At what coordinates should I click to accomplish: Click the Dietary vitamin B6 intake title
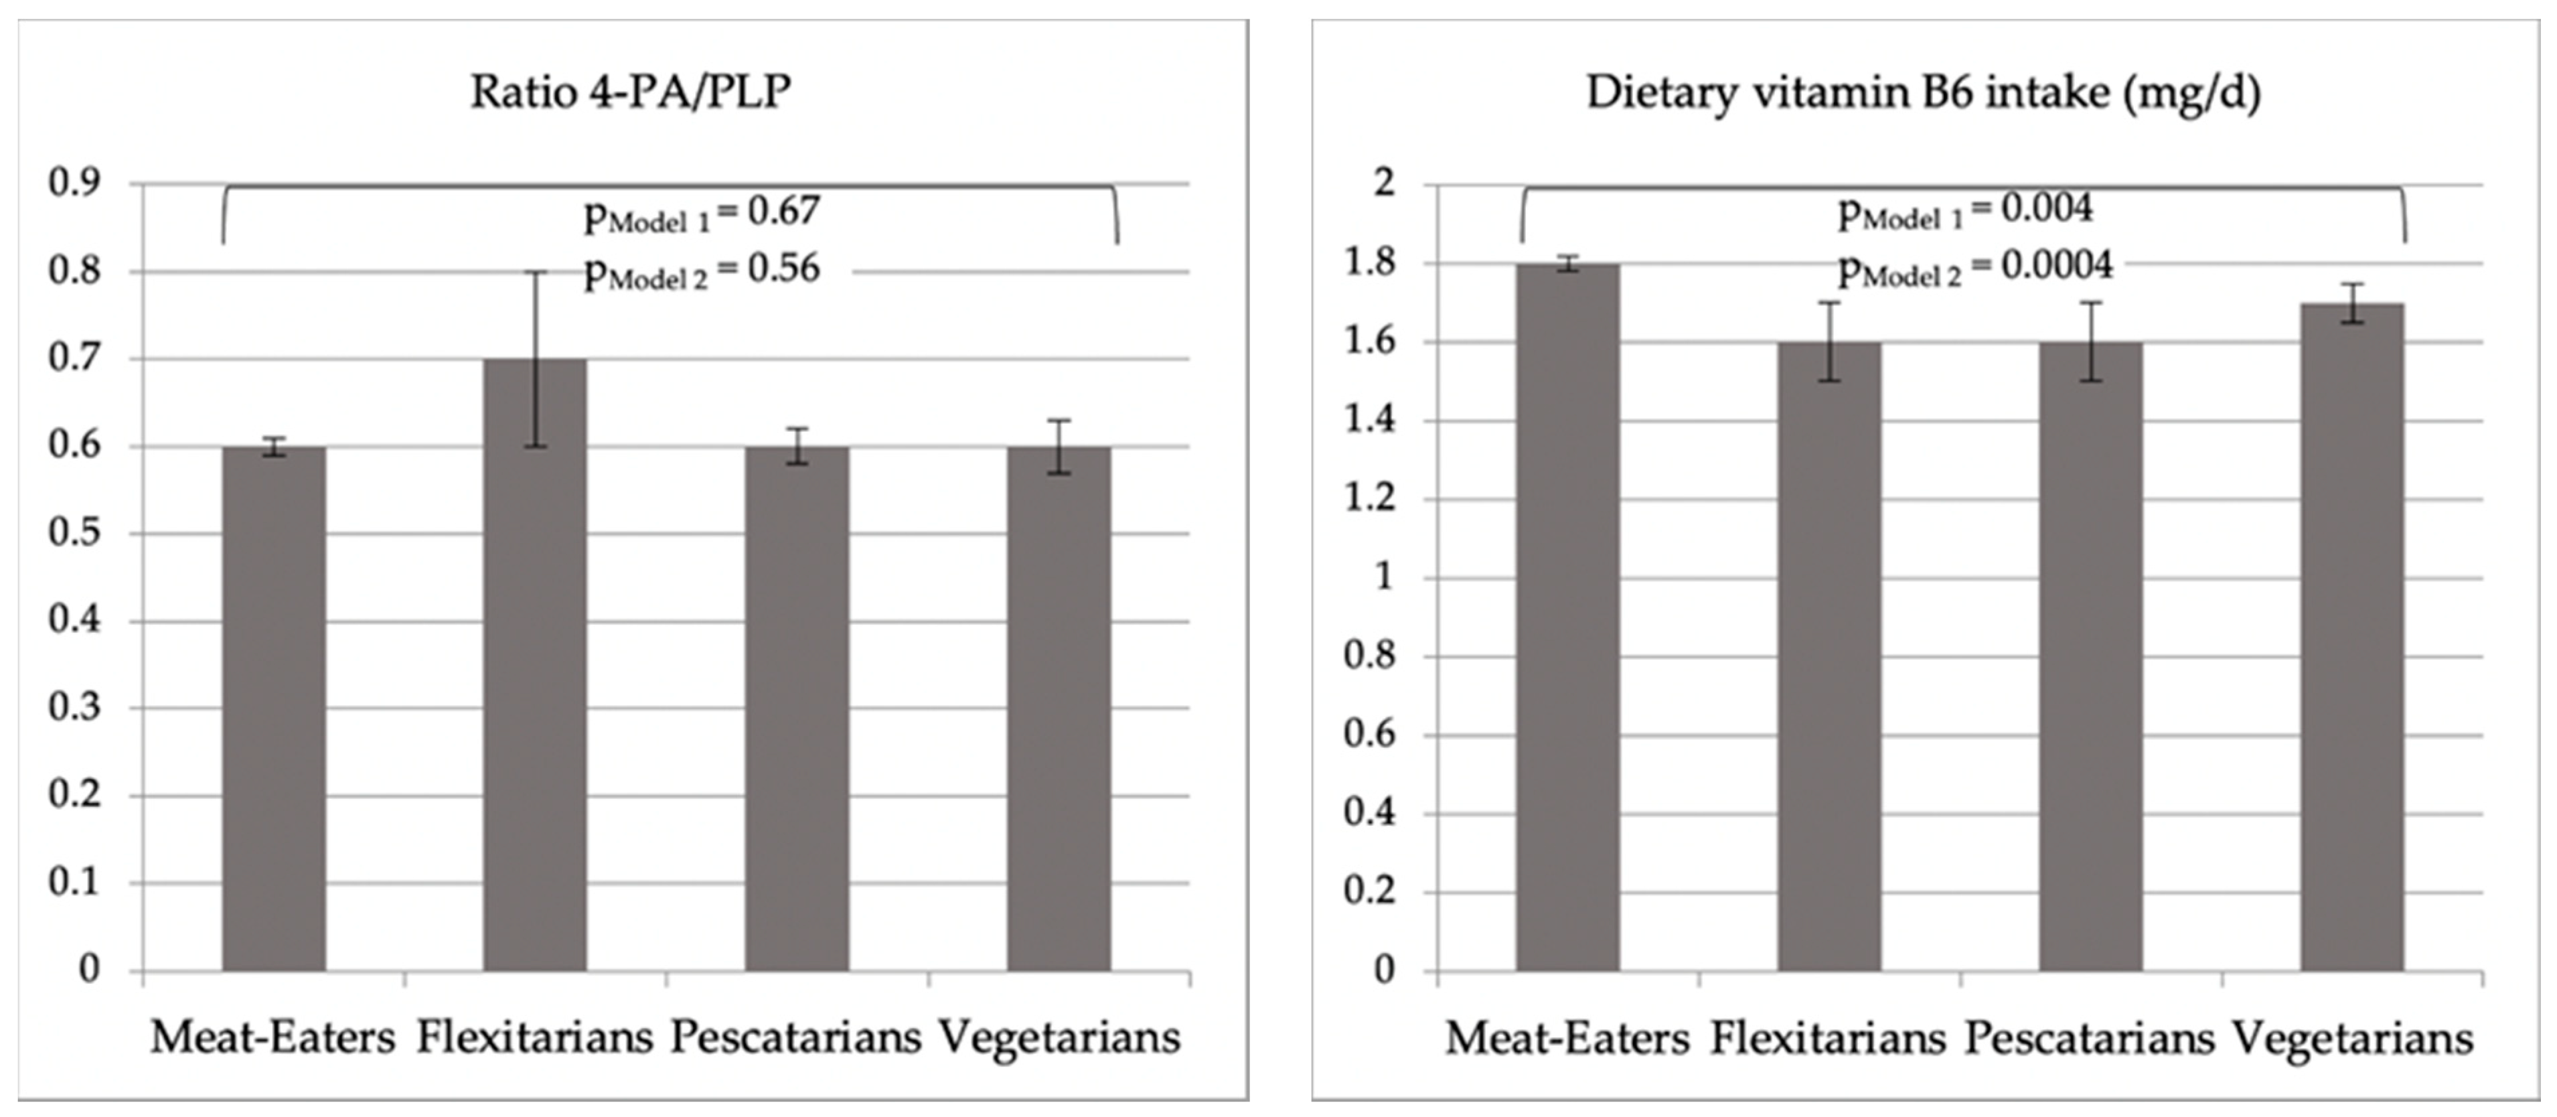(x=1923, y=92)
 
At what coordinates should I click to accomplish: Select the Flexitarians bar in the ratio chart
(x=535, y=665)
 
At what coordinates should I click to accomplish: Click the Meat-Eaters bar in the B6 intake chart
(x=1567, y=615)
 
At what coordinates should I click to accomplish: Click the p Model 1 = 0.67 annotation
(x=701, y=214)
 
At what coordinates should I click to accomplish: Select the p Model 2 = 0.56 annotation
(x=701, y=271)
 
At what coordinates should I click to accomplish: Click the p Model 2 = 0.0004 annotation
(x=1975, y=268)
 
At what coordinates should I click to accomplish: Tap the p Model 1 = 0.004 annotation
(x=1965, y=210)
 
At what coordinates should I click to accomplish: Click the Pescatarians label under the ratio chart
(x=796, y=1039)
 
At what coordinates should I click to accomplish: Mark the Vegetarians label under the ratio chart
(x=1060, y=1039)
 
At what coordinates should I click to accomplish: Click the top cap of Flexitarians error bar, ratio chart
(x=535, y=272)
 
